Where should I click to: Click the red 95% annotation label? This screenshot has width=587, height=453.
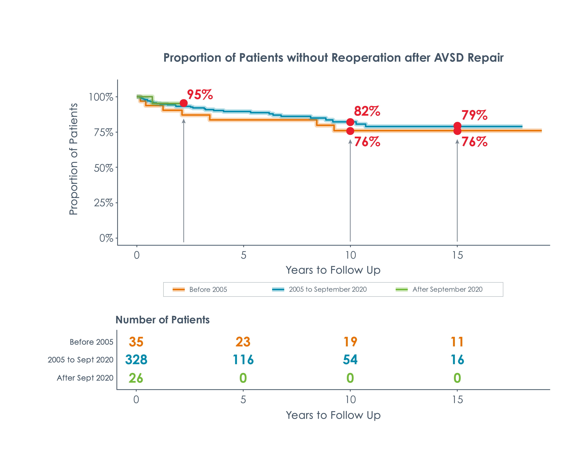pos(200,95)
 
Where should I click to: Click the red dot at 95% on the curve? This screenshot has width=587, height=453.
pos(184,103)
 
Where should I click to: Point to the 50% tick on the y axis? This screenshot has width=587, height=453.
pos(104,168)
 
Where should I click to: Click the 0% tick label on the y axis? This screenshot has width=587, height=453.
pos(106,238)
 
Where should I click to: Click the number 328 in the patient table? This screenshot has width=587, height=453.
pos(136,360)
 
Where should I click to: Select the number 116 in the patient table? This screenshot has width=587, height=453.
pos(243,360)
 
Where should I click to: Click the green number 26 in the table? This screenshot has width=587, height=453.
pos(136,378)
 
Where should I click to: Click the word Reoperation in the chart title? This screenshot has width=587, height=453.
pos(366,58)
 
